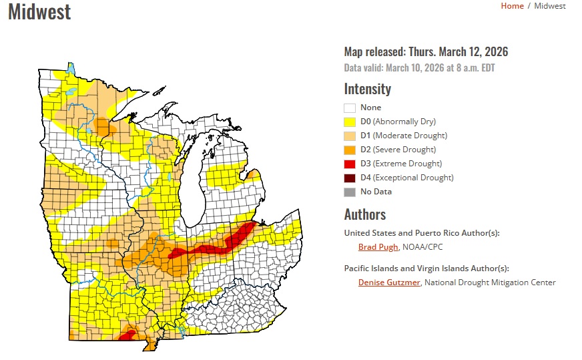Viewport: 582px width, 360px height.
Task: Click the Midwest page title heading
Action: [x=39, y=11]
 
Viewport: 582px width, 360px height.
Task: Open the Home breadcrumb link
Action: [x=512, y=6]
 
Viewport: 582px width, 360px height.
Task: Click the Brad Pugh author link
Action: [x=378, y=247]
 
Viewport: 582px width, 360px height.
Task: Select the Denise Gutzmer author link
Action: [x=389, y=283]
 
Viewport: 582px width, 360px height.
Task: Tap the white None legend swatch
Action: [x=350, y=108]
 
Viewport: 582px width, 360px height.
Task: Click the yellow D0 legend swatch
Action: [x=350, y=122]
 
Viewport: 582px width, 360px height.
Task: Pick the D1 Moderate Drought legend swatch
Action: [x=350, y=136]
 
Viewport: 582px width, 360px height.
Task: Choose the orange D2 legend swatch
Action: [x=350, y=150]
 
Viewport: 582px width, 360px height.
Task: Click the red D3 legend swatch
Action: [x=350, y=164]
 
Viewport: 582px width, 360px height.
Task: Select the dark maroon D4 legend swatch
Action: [x=350, y=178]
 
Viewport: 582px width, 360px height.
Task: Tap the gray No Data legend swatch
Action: [x=350, y=192]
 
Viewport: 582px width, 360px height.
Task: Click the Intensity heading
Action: [x=367, y=89]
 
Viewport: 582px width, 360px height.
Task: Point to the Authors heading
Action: [x=365, y=214]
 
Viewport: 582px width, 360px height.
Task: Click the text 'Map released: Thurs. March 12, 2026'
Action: [x=426, y=52]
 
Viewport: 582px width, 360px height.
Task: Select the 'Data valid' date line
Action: [x=419, y=67]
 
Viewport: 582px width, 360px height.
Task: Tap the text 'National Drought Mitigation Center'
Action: [x=490, y=283]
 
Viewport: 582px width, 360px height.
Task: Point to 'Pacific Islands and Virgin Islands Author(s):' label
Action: [x=426, y=268]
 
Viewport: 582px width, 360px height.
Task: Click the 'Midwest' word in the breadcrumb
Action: [x=549, y=6]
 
